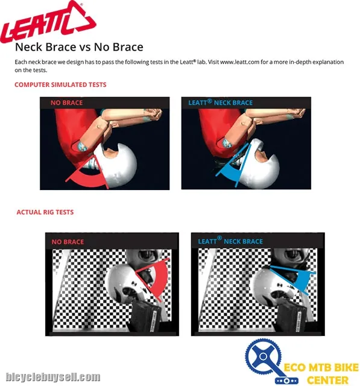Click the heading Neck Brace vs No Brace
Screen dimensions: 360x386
pyautogui.click(x=79, y=47)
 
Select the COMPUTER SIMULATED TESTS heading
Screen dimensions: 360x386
pyautogui.click(x=60, y=84)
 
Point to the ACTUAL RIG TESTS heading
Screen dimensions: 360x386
pyautogui.click(x=45, y=212)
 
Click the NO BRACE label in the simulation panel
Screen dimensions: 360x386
pyautogui.click(x=67, y=103)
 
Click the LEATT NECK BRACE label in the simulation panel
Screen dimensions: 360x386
pyautogui.click(x=221, y=102)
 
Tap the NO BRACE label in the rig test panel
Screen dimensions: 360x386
pyautogui.click(x=68, y=242)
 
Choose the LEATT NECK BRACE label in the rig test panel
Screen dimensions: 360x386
pyautogui.click(x=230, y=241)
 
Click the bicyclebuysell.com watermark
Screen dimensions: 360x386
pyautogui.click(x=52, y=377)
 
